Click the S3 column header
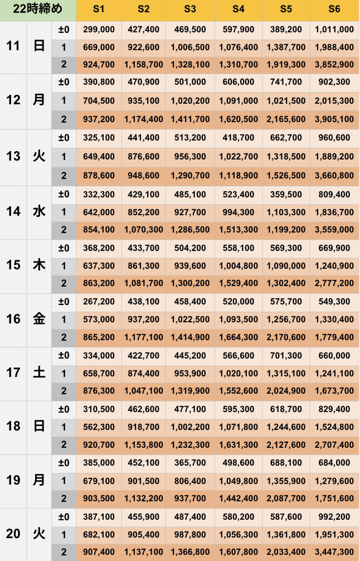coord(190,9)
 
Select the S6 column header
coord(334,9)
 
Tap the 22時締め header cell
coord(38,9)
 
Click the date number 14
coord(13,211)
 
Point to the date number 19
coord(13,480)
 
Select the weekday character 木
coord(39,265)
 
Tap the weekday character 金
coord(39,319)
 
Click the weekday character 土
coord(39,373)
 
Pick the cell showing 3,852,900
coord(334,65)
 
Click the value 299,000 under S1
coord(99,30)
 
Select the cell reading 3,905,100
coord(334,119)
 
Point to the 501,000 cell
coord(190,82)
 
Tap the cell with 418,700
coord(238,138)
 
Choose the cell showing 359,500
coord(286,195)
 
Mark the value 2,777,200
coord(334,283)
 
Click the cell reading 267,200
coord(99,302)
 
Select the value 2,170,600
coord(286,337)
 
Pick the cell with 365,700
coord(190,463)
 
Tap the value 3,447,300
coord(334,553)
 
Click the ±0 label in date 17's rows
coord(64,355)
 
